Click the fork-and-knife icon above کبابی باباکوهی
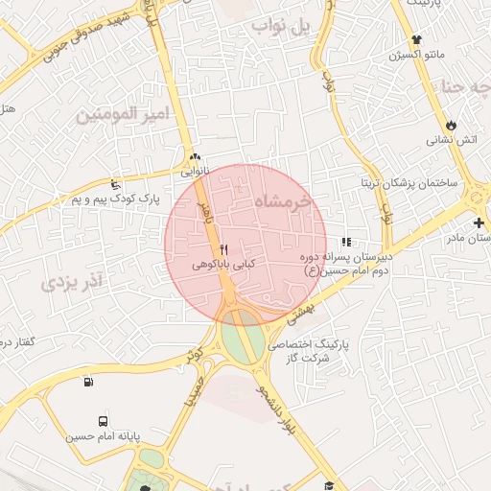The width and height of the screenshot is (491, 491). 223,249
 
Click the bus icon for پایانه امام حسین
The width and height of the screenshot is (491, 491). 103,421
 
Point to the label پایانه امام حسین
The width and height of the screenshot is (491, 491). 103,436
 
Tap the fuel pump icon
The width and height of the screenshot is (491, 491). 89,382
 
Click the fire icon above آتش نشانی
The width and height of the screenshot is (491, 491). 451,126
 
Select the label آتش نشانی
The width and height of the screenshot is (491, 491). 452,140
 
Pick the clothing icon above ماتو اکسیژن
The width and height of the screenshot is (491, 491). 416,40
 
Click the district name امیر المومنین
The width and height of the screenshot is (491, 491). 123,114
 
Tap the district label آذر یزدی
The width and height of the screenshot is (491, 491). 72,283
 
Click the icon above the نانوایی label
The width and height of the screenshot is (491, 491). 196,156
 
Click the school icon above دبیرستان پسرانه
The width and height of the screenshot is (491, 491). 345,243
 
